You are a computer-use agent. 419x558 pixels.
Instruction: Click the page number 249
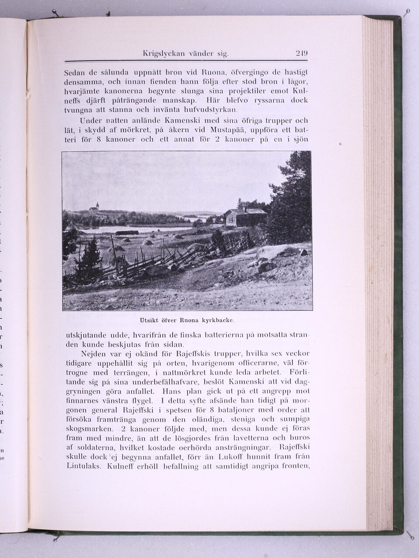click(x=302, y=54)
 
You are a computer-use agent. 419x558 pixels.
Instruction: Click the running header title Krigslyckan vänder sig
click(x=186, y=54)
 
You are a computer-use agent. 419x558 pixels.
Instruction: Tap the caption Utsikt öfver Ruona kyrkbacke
click(x=187, y=320)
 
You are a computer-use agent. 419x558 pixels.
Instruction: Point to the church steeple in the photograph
click(x=96, y=206)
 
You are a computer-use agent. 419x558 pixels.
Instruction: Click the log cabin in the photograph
click(x=244, y=217)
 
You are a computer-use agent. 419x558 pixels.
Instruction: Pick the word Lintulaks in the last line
click(x=84, y=466)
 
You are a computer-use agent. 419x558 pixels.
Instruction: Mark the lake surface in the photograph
click(x=131, y=228)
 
